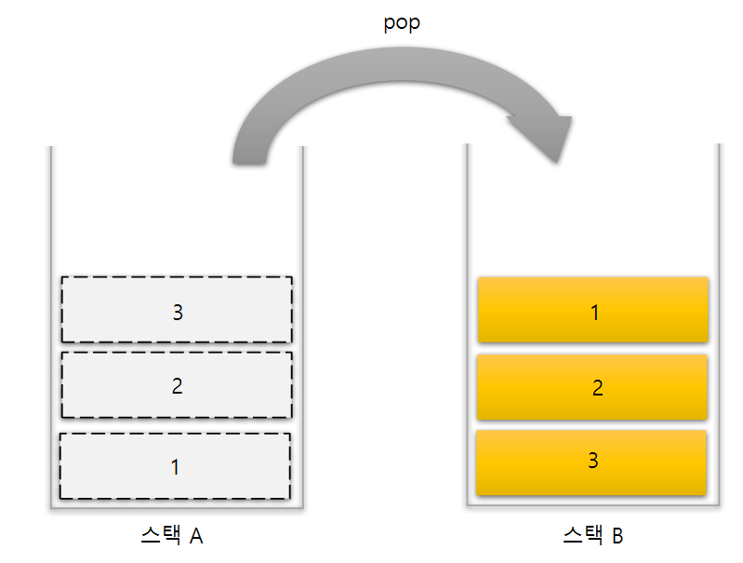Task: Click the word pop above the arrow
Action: click(x=402, y=23)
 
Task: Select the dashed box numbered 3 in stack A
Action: click(x=177, y=310)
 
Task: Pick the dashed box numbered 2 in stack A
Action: click(x=177, y=385)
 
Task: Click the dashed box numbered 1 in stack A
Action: click(x=175, y=465)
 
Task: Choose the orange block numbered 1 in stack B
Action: click(x=592, y=310)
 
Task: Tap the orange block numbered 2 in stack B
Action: click(x=592, y=387)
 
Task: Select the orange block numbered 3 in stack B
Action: click(x=591, y=462)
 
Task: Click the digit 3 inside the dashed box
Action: click(x=178, y=312)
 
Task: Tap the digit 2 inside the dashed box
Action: click(x=177, y=386)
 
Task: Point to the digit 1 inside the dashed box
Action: click(x=176, y=466)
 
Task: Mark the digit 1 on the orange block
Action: click(x=595, y=312)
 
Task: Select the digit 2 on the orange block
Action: click(x=597, y=388)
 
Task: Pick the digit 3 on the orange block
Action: click(x=593, y=460)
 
